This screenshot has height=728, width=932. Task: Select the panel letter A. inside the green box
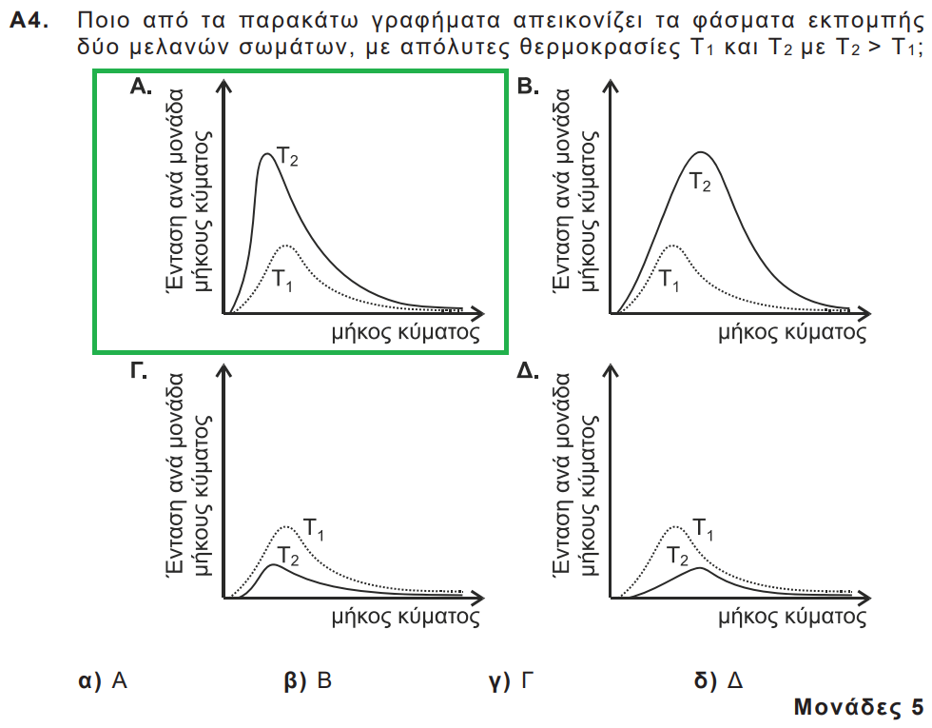tap(141, 89)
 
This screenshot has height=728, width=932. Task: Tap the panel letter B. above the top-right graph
tap(527, 89)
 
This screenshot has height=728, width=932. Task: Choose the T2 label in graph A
tap(287, 156)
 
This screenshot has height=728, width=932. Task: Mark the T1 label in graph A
tap(283, 281)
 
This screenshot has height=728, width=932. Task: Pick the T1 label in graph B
tap(670, 281)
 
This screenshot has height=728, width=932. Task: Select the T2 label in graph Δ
tap(677, 556)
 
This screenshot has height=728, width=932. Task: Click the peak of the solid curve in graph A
tap(267, 153)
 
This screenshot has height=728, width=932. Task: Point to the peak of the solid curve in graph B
tap(701, 151)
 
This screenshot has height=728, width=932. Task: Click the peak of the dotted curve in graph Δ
tap(673, 526)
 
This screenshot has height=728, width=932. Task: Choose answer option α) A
tap(104, 680)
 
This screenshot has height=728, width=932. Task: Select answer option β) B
tap(309, 680)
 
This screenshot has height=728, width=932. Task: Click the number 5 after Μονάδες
tap(916, 708)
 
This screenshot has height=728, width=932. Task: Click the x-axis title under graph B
tap(792, 332)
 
